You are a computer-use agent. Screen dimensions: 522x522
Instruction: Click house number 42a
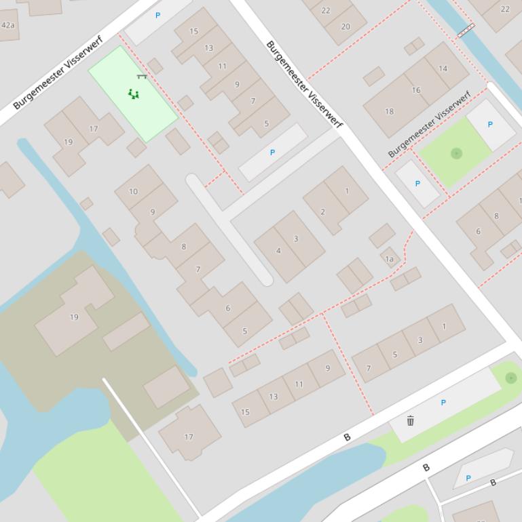[x=7, y=25]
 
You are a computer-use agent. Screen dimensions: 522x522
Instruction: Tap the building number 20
[x=346, y=26]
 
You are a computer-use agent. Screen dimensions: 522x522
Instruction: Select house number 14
[x=443, y=68]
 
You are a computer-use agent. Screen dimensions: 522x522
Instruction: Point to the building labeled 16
[x=416, y=89]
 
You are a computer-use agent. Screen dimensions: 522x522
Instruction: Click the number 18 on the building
[x=389, y=111]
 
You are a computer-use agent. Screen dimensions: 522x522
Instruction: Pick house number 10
[x=133, y=191]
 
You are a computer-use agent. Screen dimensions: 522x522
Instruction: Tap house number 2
[x=322, y=212]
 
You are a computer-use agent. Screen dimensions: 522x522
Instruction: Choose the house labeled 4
[x=278, y=251]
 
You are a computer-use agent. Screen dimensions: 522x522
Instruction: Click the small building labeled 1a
[x=389, y=258]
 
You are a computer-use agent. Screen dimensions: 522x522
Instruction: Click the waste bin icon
[x=410, y=420]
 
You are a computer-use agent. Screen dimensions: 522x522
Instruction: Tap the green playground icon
[x=134, y=94]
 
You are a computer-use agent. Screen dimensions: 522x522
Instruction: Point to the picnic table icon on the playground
[x=141, y=77]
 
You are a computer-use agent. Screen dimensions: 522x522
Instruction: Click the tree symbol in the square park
[x=456, y=153]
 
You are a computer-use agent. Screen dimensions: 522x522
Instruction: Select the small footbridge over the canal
[x=466, y=31]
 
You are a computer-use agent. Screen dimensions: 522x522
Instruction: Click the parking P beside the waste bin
[x=443, y=403]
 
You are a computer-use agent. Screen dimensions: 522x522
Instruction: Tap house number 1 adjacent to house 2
[x=347, y=190]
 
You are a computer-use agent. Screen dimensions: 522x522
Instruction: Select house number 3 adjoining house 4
[x=296, y=239]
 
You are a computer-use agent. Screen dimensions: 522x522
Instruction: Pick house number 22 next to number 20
[x=326, y=10]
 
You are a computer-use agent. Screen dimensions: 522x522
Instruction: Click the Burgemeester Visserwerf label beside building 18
[x=429, y=124]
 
